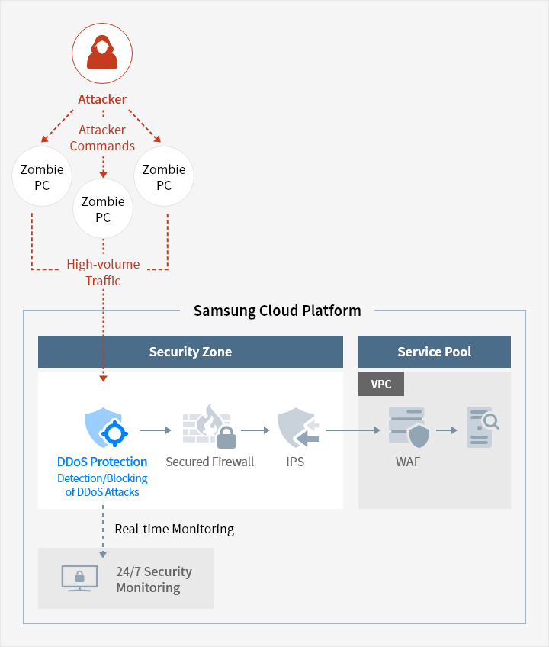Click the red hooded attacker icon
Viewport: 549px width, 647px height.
(102, 53)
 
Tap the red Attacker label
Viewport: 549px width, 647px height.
(102, 99)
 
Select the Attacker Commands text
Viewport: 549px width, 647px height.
(102, 138)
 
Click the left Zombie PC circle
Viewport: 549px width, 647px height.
(42, 176)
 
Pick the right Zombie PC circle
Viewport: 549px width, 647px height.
(164, 176)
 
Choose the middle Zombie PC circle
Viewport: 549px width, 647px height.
(103, 208)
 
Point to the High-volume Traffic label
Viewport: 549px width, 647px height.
(103, 272)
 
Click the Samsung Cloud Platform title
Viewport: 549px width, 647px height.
(278, 311)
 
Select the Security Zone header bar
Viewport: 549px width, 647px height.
(191, 352)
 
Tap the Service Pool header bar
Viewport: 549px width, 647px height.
(435, 352)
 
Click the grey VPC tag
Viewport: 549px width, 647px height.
(381, 384)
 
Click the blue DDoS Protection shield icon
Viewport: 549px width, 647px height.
(106, 427)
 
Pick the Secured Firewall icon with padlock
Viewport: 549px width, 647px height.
(210, 427)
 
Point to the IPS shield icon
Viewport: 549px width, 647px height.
(299, 428)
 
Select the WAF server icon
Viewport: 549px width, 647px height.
(409, 427)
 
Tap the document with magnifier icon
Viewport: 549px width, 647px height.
(483, 427)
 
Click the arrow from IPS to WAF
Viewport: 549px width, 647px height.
(353, 430)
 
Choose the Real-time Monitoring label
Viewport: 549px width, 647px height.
(175, 529)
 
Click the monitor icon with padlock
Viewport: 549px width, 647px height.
(79, 578)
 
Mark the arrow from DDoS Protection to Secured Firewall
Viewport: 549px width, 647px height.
(156, 430)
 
